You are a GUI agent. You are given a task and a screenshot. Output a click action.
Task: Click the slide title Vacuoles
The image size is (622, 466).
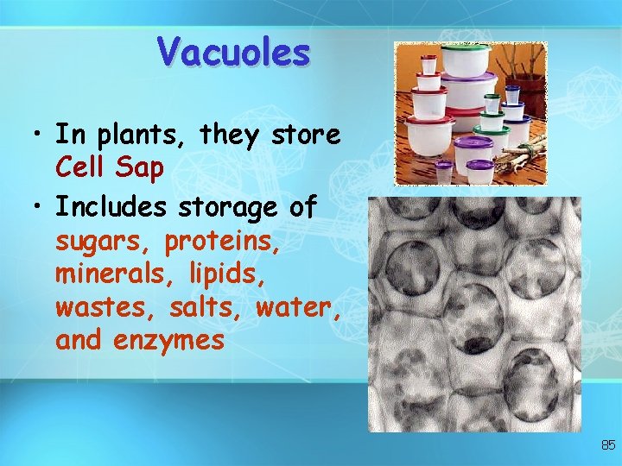[233, 52]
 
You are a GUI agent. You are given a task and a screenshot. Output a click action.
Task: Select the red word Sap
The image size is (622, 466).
[143, 167]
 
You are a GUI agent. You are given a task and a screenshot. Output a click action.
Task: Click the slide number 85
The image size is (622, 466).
[608, 445]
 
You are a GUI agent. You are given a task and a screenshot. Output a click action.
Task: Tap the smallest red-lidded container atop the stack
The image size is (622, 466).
[428, 63]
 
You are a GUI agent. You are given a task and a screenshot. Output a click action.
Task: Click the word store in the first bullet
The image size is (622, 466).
[306, 135]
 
